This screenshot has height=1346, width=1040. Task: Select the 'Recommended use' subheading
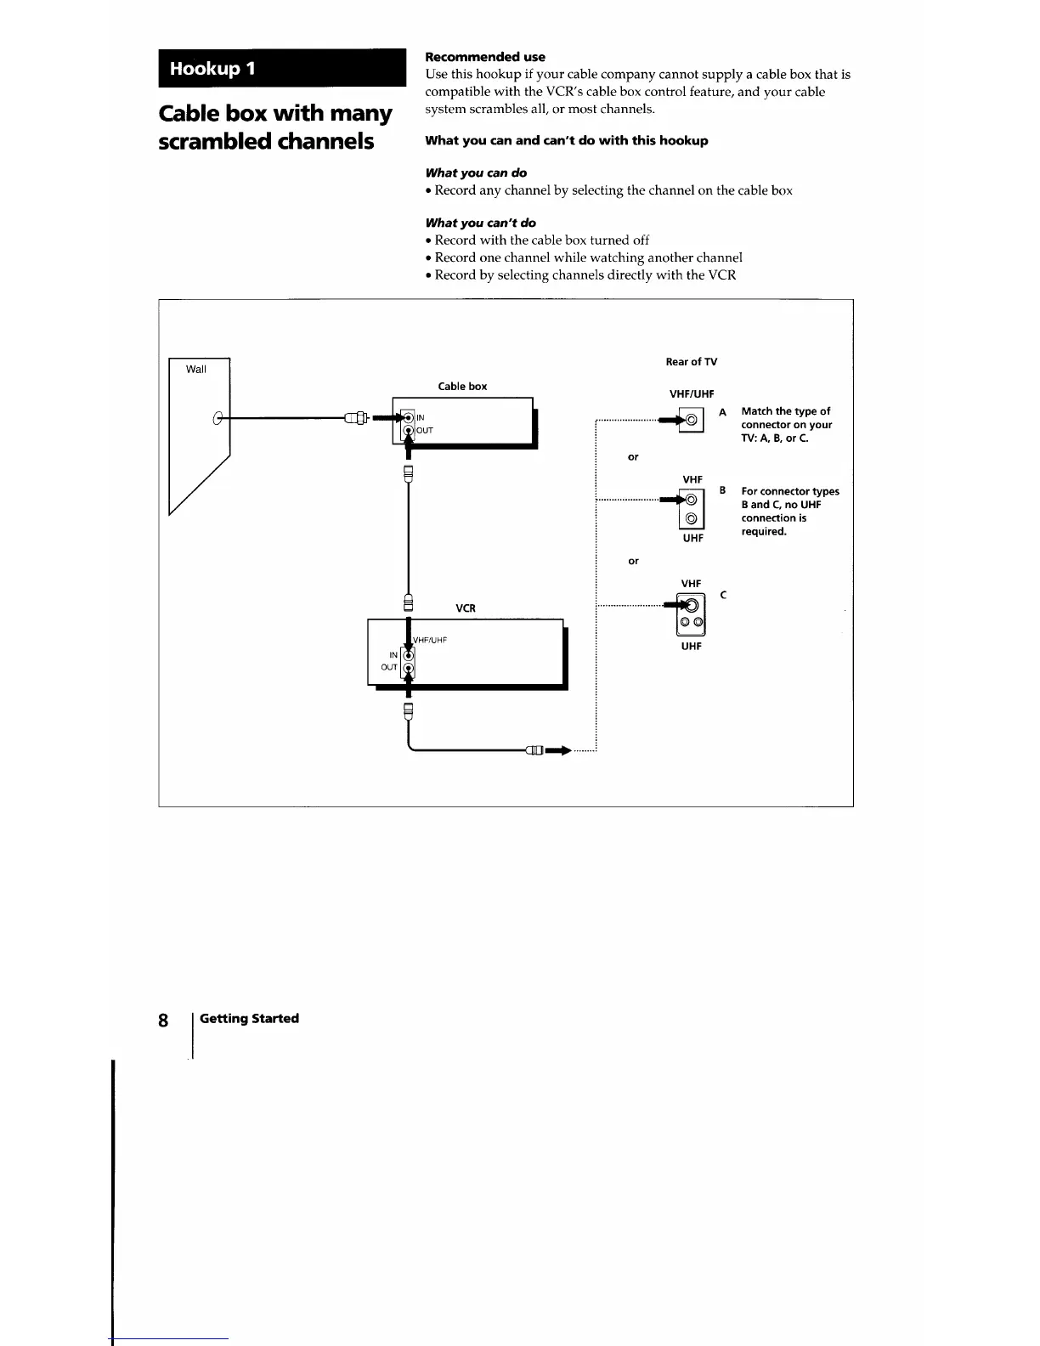(x=484, y=57)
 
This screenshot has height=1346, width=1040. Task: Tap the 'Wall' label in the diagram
(x=196, y=369)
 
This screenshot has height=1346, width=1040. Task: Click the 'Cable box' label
(x=462, y=387)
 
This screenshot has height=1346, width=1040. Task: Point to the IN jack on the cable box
(x=408, y=417)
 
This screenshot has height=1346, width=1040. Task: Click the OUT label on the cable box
(x=425, y=430)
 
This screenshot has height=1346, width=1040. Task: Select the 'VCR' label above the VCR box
(x=466, y=608)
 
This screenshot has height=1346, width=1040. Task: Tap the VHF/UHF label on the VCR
(x=430, y=640)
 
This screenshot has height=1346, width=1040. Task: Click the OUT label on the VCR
(x=389, y=667)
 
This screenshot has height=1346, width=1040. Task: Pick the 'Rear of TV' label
(x=691, y=362)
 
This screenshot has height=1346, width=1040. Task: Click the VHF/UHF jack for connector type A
(x=692, y=420)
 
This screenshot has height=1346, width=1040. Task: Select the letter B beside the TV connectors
(x=722, y=490)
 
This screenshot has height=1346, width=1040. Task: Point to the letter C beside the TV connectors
(x=723, y=595)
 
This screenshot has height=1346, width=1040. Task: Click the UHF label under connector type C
(x=692, y=646)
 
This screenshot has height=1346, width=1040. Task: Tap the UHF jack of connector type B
(x=692, y=519)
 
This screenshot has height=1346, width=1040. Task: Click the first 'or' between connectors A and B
(x=633, y=457)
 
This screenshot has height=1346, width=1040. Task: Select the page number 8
(x=163, y=1020)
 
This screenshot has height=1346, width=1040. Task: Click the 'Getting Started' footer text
(x=249, y=1018)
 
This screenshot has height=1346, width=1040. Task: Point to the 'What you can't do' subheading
(x=480, y=223)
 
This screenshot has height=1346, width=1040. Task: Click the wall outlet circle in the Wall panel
(x=218, y=417)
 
